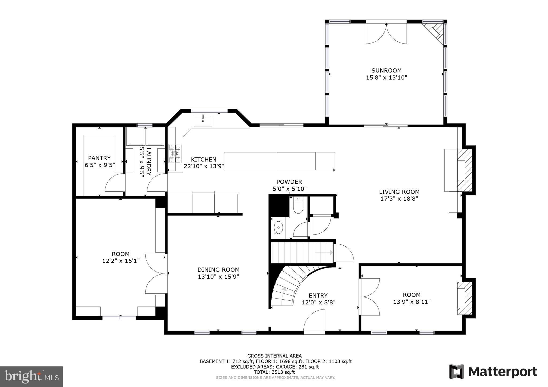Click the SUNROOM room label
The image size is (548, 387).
coord(386,71)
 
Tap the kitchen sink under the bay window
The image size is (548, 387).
coord(203,121)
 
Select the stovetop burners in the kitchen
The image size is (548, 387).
coord(175,153)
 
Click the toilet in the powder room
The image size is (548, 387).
coord(298,206)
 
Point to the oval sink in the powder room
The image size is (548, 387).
coord(279,227)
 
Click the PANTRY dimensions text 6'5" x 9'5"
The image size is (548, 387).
coord(100,165)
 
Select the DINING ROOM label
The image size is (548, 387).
coord(218,270)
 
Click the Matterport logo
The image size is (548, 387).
coord(493,372)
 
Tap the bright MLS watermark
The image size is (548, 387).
coord(32,376)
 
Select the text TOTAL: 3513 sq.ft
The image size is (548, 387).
coord(274,372)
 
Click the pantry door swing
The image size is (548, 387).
coord(115,183)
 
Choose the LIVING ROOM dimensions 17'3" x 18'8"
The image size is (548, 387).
coord(399,199)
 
